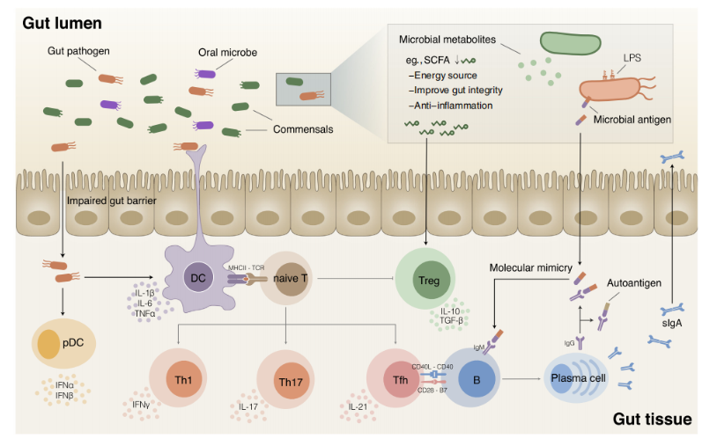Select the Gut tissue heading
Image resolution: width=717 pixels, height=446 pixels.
(652, 418)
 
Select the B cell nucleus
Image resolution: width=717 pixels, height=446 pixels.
(477, 382)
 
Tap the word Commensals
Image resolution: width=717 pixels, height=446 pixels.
(305, 129)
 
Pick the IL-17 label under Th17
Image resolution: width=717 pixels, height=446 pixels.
(250, 408)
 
